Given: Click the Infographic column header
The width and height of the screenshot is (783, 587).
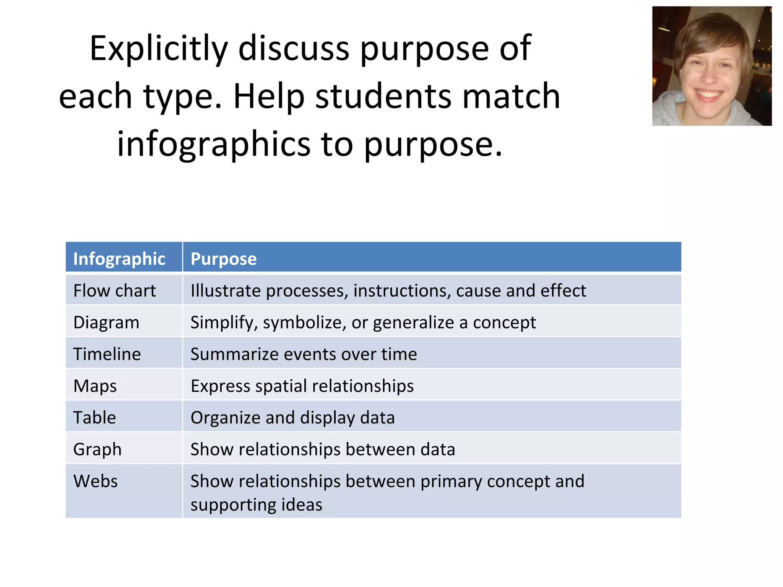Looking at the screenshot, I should pos(119,259).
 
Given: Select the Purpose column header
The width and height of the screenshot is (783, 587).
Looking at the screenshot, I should pos(224,259).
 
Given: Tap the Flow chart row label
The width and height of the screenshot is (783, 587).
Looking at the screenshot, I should pos(114,290).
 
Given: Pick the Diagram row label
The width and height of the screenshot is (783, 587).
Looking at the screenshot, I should pos(106,322).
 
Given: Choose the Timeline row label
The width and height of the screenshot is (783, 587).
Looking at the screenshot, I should pos(107,354).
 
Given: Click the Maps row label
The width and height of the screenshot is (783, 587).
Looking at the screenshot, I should pos(95,386).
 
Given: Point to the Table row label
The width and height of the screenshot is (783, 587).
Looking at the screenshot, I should pos(94,417).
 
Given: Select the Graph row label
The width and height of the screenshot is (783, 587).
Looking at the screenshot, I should pos(97,449).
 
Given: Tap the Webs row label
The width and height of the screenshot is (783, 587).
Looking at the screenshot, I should pos(96,481).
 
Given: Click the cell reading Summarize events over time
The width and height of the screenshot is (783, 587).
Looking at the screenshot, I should pos(304,354).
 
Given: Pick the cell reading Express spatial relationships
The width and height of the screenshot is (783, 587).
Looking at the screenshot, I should pos(302,386).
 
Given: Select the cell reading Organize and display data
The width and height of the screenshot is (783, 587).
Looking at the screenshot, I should pos(292,417).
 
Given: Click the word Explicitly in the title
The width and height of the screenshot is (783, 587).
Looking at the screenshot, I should pos(159,49).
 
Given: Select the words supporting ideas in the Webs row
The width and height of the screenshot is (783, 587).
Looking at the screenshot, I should pos(256,504).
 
